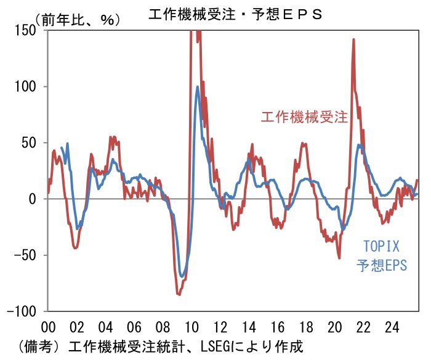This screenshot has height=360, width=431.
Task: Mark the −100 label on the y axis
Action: (x=23, y=311)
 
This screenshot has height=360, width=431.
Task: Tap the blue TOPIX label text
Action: (x=379, y=247)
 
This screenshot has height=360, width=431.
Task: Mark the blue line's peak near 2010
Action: (x=198, y=87)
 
